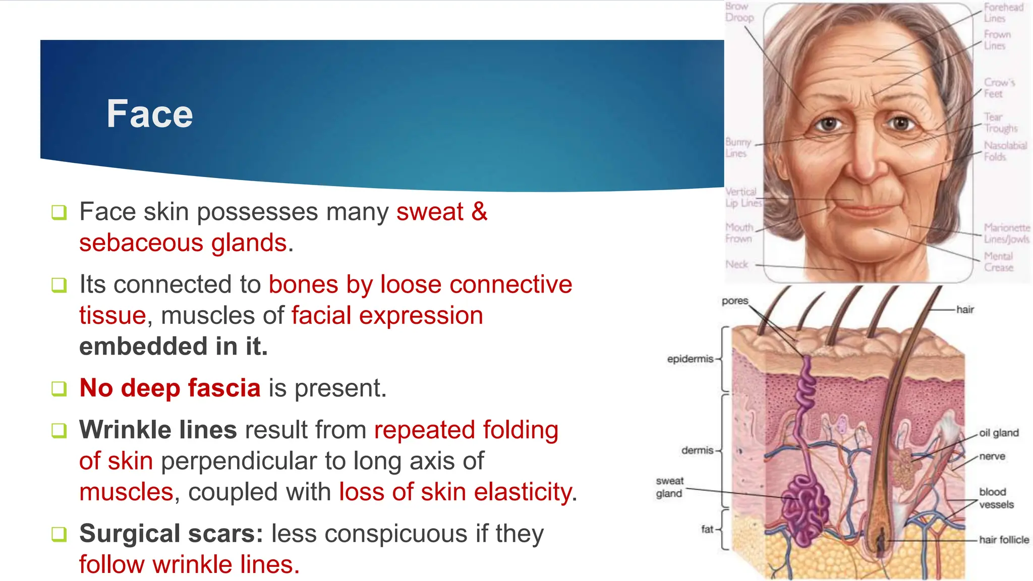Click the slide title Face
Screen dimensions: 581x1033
(x=149, y=114)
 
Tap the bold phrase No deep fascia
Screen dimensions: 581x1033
(x=169, y=388)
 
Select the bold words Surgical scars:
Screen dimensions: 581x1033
(x=171, y=533)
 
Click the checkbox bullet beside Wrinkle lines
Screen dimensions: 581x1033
(x=59, y=431)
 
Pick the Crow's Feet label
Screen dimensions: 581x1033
(x=999, y=88)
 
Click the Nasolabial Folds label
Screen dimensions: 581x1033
(x=1005, y=151)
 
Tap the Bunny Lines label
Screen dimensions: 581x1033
(x=738, y=147)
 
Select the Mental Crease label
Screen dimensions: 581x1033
(x=998, y=262)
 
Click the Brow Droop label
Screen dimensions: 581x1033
(x=739, y=12)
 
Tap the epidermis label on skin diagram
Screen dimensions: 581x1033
(x=690, y=359)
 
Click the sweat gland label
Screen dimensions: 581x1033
(x=669, y=487)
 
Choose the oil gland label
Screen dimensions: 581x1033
(x=999, y=433)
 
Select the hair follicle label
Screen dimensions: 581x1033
(x=1004, y=540)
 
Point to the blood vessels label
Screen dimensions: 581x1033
(x=996, y=498)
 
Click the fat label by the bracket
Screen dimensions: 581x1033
(x=707, y=529)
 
